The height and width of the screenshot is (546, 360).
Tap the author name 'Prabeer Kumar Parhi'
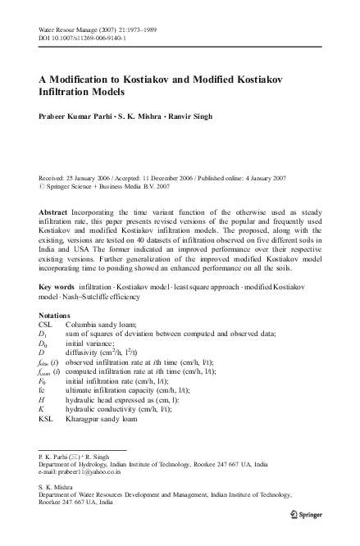pyautogui.click(x=76, y=116)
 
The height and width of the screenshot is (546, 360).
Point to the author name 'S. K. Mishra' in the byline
pyautogui.click(x=139, y=116)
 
